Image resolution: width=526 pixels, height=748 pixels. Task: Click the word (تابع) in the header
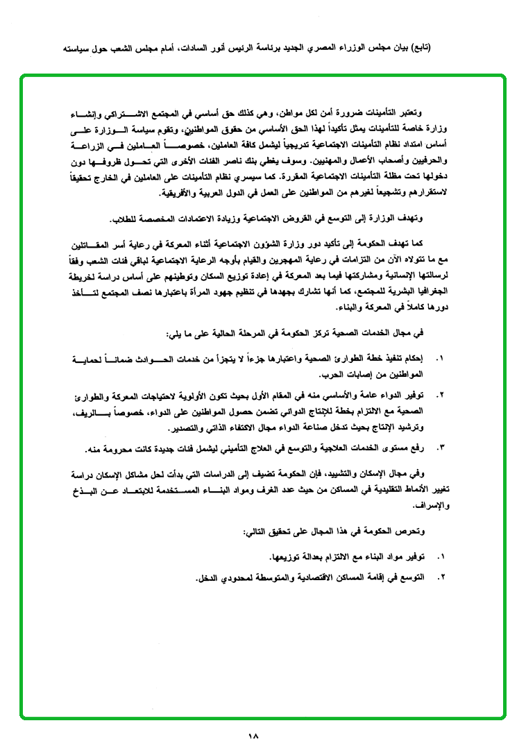coord(417,49)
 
